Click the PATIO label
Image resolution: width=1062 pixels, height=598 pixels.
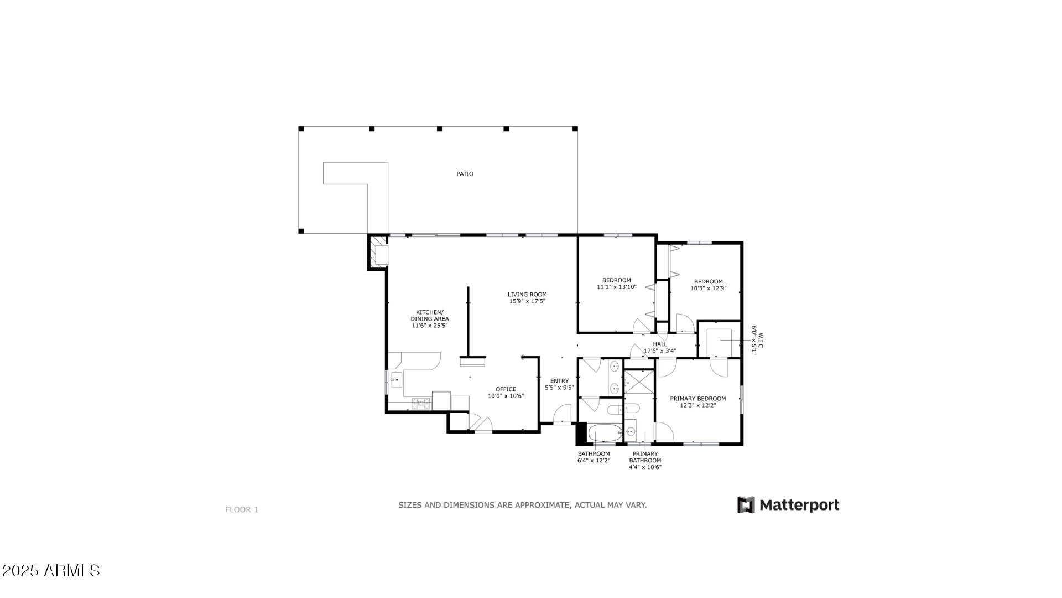click(x=465, y=174)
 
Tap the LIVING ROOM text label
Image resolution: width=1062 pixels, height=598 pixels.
click(x=527, y=295)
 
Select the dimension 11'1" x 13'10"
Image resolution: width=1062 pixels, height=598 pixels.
click(x=616, y=287)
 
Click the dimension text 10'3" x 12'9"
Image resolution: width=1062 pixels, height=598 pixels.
click(x=708, y=288)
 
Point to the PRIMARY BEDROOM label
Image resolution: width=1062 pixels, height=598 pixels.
click(x=697, y=399)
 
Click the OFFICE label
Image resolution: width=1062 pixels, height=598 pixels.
click(x=506, y=389)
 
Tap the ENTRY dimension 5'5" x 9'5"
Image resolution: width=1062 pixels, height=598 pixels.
click(x=559, y=388)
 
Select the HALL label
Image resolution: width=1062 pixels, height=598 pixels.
click(x=660, y=344)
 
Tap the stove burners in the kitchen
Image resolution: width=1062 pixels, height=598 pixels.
click(x=421, y=404)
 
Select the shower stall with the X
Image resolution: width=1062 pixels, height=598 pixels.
click(x=639, y=382)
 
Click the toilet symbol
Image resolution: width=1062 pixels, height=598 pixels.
click(x=623, y=409)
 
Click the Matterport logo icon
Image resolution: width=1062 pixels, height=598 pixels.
click(x=746, y=505)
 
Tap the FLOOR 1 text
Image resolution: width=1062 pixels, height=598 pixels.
click(x=242, y=510)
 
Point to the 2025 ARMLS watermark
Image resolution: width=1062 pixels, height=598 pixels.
click(x=51, y=571)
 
